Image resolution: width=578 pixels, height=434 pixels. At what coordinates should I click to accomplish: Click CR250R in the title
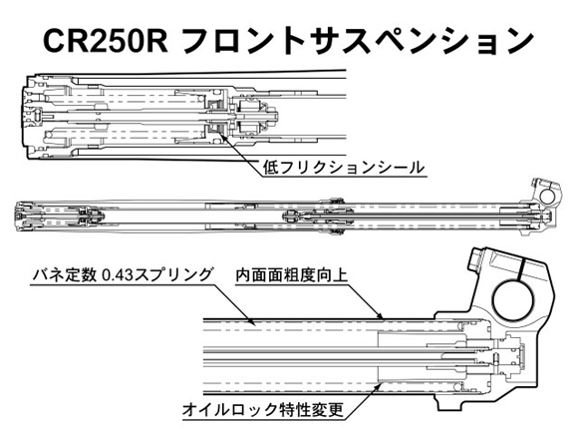click(x=106, y=41)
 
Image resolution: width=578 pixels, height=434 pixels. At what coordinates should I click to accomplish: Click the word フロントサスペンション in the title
click(x=358, y=41)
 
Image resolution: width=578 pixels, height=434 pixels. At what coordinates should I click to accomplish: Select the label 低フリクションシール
click(x=344, y=168)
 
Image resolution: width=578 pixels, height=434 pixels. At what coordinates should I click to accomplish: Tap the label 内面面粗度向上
click(x=291, y=275)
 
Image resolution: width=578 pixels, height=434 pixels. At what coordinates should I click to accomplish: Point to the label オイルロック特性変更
click(x=263, y=410)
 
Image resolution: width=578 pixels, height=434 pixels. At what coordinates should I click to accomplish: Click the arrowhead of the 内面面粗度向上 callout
click(x=381, y=316)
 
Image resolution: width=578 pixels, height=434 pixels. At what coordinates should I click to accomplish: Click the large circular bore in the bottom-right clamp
click(x=512, y=300)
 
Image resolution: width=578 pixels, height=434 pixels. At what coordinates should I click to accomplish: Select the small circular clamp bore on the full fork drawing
click(x=547, y=196)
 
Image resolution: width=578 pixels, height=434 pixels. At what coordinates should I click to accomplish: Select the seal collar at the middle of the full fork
click(x=335, y=216)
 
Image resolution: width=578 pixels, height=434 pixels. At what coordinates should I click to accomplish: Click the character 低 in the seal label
click(x=271, y=168)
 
